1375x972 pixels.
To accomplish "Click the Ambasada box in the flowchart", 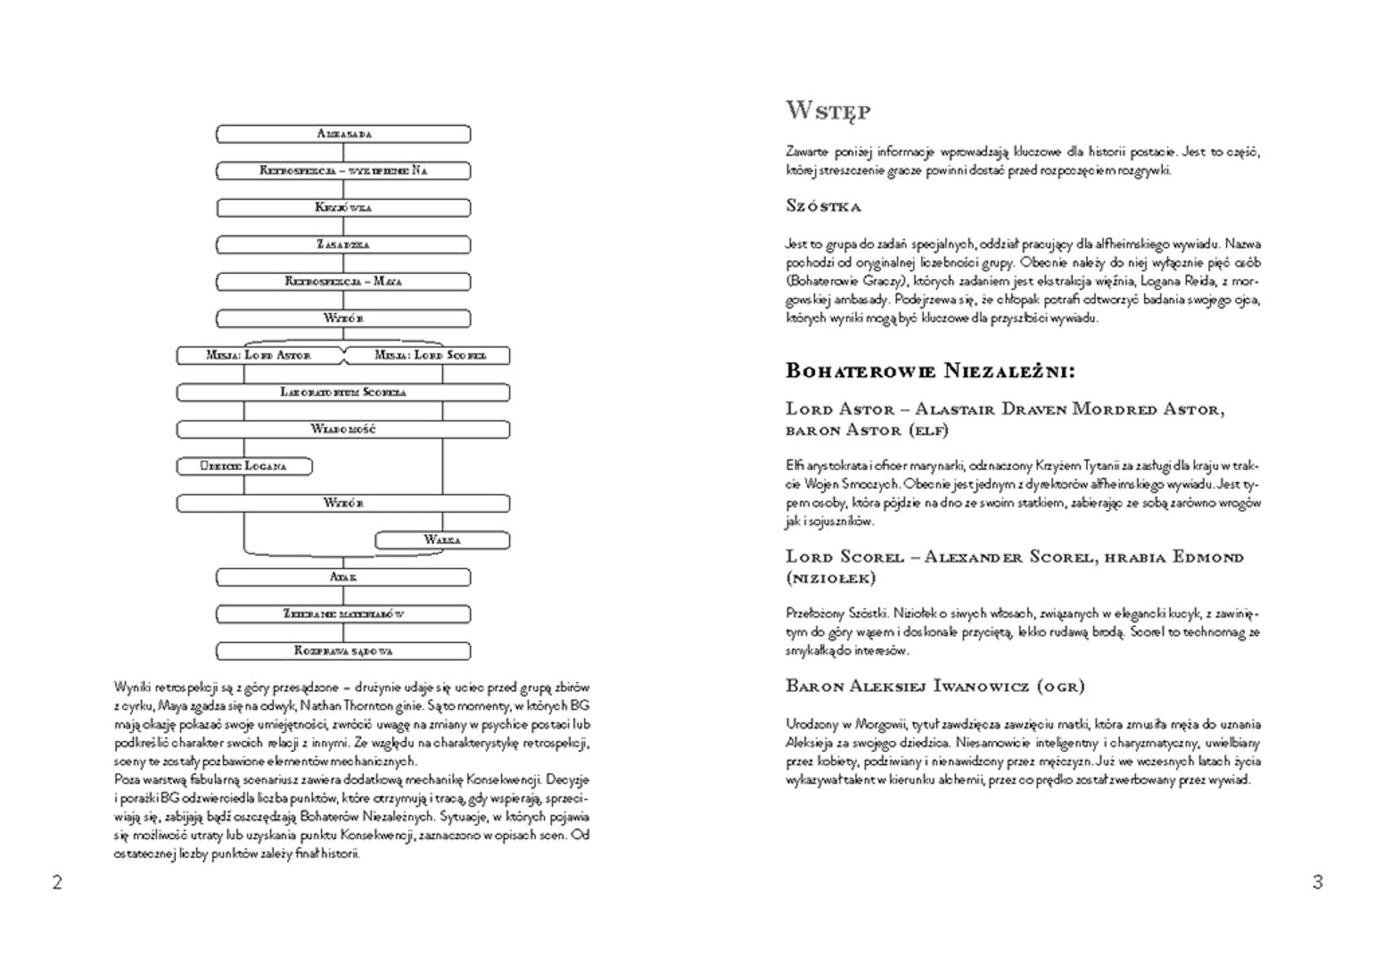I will click(343, 134).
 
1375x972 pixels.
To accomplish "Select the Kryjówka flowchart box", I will click(343, 207).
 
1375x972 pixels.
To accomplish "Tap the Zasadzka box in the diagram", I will click(343, 244).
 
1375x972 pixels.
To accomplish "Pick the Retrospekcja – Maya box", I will click(343, 281).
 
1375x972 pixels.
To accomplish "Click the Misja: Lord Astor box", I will click(259, 355).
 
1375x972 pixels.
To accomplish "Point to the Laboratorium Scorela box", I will click(343, 392).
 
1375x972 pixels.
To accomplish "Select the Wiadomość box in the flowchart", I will click(343, 429).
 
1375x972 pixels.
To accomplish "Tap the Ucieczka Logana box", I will click(244, 466).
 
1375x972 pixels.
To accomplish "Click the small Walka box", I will click(442, 540).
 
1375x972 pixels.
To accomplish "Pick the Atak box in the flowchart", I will click(343, 577).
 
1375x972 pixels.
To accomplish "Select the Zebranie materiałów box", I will click(343, 614).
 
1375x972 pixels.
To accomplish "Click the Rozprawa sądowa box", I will click(343, 650).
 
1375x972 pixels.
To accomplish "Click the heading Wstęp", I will click(828, 111).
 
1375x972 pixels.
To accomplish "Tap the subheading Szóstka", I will click(823, 206).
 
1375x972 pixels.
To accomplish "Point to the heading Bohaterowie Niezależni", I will click(930, 371).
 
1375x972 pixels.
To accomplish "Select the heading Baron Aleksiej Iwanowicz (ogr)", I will click(935, 686).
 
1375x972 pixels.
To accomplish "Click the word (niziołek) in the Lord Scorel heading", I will click(831, 578).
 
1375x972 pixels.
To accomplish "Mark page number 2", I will click(57, 882).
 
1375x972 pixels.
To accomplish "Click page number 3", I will click(1317, 882).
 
